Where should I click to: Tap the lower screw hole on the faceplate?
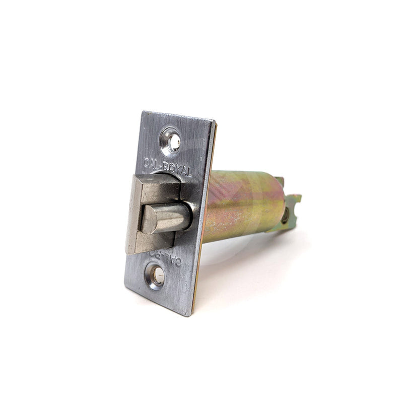point(156,276)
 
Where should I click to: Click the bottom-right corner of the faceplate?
point(190,315)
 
